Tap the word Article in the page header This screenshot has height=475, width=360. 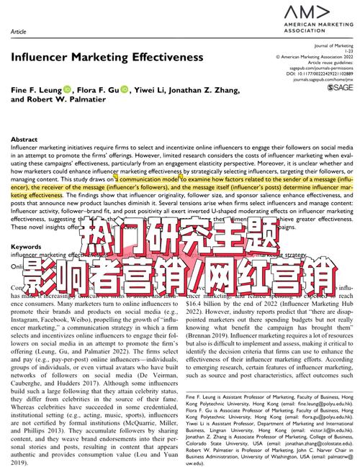click(x=19, y=32)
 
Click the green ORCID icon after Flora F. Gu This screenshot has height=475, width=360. click(x=124, y=89)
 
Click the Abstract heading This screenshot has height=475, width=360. click(x=24, y=139)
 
